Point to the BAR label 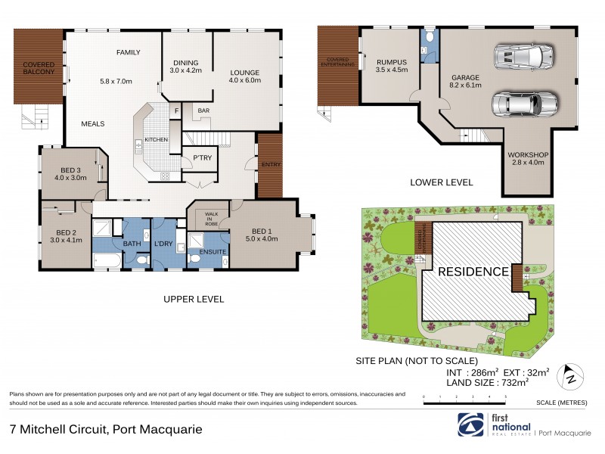pyautogui.click(x=203, y=110)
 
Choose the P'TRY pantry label pyautogui.click(x=201, y=157)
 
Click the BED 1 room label pyautogui.click(x=259, y=235)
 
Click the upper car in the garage pyautogui.click(x=523, y=54)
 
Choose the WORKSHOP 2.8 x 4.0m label pyautogui.click(x=528, y=159)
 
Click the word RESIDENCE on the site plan pyautogui.click(x=469, y=272)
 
